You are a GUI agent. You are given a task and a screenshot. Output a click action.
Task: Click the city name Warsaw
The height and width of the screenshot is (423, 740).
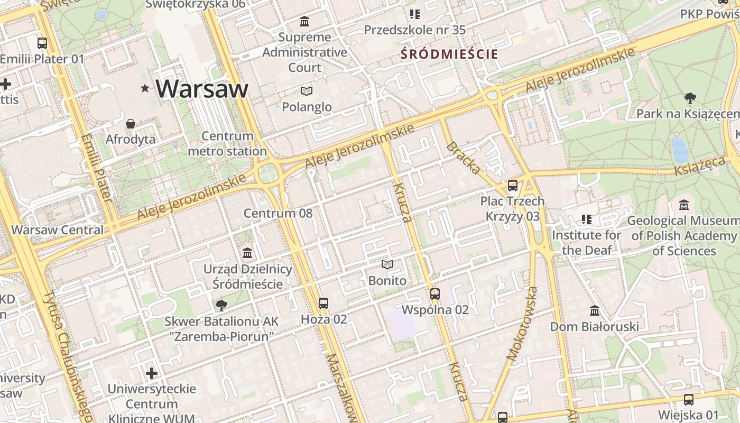pos(202,88)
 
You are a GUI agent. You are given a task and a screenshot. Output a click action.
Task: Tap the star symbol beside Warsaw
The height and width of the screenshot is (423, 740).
pos(145,88)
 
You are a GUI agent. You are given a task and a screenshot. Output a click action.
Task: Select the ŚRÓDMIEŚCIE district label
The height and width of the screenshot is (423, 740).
pos(449,54)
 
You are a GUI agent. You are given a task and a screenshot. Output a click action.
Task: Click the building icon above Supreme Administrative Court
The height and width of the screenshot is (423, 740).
pos(304,22)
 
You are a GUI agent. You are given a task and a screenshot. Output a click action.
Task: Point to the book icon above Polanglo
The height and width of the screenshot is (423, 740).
pos(307,91)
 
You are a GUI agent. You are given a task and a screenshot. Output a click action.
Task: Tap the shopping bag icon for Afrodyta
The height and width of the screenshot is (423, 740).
pos(131,124)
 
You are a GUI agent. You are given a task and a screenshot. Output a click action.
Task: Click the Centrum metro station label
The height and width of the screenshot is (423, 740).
pos(227,144)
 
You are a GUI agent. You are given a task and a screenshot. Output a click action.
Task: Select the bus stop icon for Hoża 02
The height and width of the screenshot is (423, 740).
pos(323,304)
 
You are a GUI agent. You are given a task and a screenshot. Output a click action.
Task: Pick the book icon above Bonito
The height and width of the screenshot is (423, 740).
pos(387,264)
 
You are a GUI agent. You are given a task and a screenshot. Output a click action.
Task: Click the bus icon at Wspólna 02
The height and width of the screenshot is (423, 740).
pos(435,293)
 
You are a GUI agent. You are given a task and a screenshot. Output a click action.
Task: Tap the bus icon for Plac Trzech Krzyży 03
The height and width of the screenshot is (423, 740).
pos(512,186)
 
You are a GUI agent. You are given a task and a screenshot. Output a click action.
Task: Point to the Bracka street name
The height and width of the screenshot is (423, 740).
pos(464,158)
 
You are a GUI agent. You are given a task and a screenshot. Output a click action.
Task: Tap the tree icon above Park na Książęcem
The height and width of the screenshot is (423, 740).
pos(690,98)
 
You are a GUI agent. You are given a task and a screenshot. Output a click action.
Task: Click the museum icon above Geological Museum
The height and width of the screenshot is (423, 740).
pos(684,205)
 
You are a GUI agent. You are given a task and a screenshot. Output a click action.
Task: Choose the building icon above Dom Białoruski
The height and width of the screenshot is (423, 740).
pos(595,310)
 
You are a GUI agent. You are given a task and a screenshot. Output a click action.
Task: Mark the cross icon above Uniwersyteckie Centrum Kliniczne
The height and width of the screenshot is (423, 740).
pos(152,374)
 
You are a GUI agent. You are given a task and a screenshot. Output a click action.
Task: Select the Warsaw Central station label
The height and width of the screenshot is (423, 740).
pos(58,230)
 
